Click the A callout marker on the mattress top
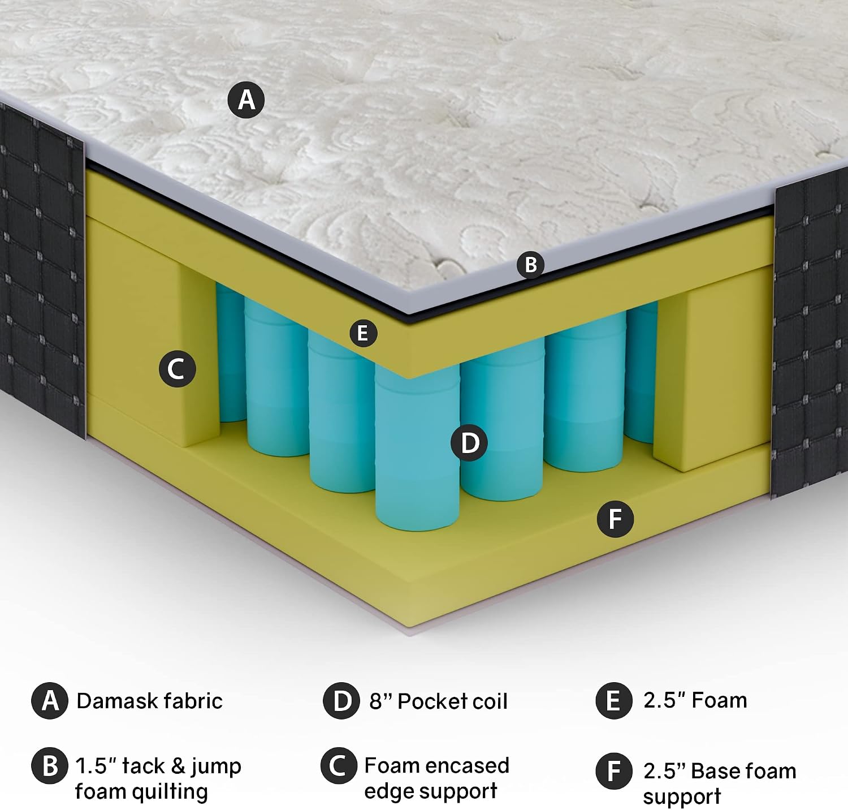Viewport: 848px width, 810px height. pyautogui.click(x=246, y=100)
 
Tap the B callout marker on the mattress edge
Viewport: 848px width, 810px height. pyautogui.click(x=530, y=264)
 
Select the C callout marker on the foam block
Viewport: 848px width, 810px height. pyautogui.click(x=177, y=369)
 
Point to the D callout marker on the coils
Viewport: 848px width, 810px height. pyautogui.click(x=469, y=442)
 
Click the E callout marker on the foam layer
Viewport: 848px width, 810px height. pyautogui.click(x=363, y=333)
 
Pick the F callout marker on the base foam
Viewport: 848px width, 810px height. pyautogui.click(x=616, y=519)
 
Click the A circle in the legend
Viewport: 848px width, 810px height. pyautogui.click(x=50, y=701)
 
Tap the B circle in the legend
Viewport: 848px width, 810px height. pyautogui.click(x=50, y=766)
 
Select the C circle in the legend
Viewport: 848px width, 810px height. pyautogui.click(x=339, y=765)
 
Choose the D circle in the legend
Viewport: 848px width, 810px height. pyautogui.click(x=341, y=701)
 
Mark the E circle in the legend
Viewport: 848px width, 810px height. pyautogui.click(x=613, y=701)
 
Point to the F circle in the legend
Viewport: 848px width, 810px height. pyautogui.click(x=613, y=771)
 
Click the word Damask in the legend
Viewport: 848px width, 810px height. pyautogui.click(x=113, y=701)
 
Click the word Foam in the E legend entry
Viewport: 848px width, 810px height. pyautogui.click(x=719, y=700)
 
